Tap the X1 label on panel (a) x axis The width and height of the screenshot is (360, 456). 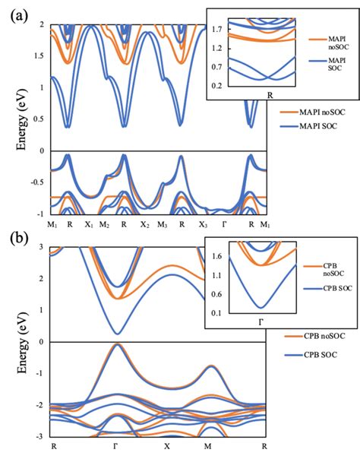tap(88, 225)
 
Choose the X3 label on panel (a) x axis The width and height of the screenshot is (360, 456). tap(203, 225)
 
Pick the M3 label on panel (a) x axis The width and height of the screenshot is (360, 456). tap(163, 225)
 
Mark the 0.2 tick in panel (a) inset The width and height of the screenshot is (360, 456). tap(216, 85)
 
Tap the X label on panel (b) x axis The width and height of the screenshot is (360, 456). tap(165, 445)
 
